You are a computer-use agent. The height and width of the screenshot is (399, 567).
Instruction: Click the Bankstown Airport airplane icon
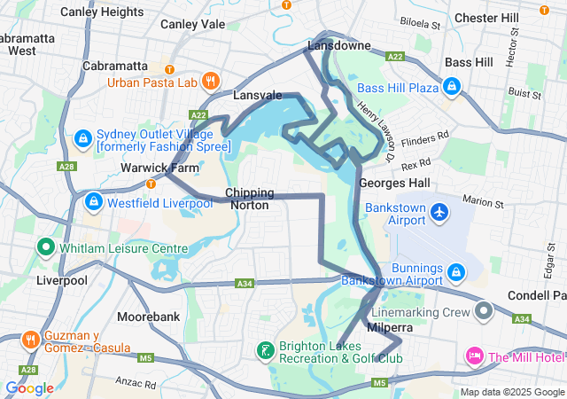tap(440, 212)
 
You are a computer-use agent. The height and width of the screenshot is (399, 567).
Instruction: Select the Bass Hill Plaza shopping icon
tap(452, 88)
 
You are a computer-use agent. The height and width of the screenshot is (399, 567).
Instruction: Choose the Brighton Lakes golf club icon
tap(265, 351)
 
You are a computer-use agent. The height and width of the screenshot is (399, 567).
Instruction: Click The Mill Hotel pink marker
tap(474, 357)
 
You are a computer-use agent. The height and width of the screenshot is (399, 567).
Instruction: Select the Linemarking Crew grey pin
tap(484, 312)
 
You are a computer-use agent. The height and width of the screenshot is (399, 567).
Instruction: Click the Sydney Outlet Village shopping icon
tap(82, 138)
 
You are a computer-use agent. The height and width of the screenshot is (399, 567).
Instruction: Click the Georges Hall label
tap(394, 183)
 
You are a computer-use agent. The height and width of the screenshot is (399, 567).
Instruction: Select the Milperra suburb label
tap(390, 327)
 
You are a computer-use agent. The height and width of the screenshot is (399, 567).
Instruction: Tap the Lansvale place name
tap(257, 95)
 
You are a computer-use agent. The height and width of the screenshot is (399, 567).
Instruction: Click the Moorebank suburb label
tap(148, 317)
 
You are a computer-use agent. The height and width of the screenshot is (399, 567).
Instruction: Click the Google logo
tap(29, 388)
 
